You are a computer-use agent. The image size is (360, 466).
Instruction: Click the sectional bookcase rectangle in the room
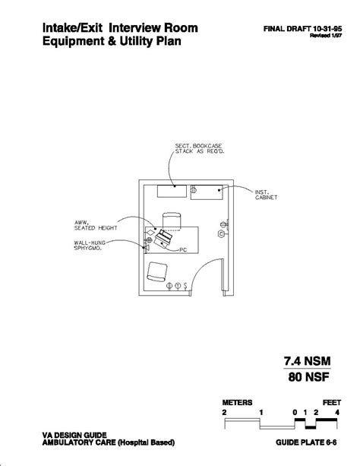click(x=172, y=191)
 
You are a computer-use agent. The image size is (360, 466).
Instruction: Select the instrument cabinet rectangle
click(x=207, y=192)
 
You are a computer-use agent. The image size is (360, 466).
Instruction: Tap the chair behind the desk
click(x=172, y=221)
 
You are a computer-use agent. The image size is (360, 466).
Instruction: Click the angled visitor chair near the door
click(x=157, y=271)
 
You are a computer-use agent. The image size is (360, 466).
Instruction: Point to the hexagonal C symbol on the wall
click(x=221, y=234)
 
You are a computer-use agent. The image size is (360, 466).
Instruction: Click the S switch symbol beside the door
click(x=185, y=286)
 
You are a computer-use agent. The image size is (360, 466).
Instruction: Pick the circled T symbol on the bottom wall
click(x=178, y=286)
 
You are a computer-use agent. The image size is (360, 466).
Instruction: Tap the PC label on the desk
click(x=183, y=250)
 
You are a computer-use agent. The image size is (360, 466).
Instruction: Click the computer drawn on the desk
click(x=163, y=238)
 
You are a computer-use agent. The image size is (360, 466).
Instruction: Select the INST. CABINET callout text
click(x=266, y=195)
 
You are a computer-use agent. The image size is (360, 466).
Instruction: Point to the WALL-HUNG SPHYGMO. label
click(x=90, y=246)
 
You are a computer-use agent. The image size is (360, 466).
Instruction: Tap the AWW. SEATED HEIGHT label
click(x=96, y=225)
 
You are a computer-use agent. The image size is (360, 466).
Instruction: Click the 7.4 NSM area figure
click(x=307, y=361)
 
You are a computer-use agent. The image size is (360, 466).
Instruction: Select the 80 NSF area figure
click(x=308, y=377)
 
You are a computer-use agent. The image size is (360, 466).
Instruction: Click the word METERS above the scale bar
click(x=237, y=403)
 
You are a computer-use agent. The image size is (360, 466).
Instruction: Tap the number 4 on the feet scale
click(x=337, y=413)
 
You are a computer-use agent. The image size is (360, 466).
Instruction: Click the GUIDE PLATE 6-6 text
click(x=306, y=442)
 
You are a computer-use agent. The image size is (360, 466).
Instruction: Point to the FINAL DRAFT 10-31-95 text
click(x=303, y=29)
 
